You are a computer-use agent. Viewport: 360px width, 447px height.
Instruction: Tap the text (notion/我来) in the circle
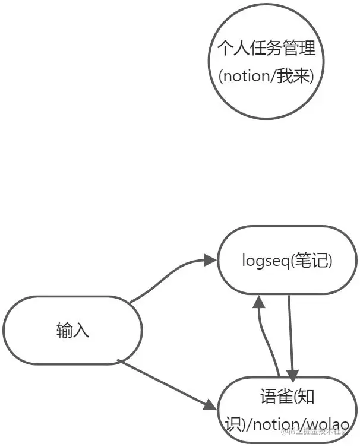266,77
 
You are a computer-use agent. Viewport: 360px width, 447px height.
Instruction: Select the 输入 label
72,331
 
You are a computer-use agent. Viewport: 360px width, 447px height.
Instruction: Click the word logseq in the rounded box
263,261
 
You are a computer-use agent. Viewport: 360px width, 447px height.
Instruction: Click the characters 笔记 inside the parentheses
312,260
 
